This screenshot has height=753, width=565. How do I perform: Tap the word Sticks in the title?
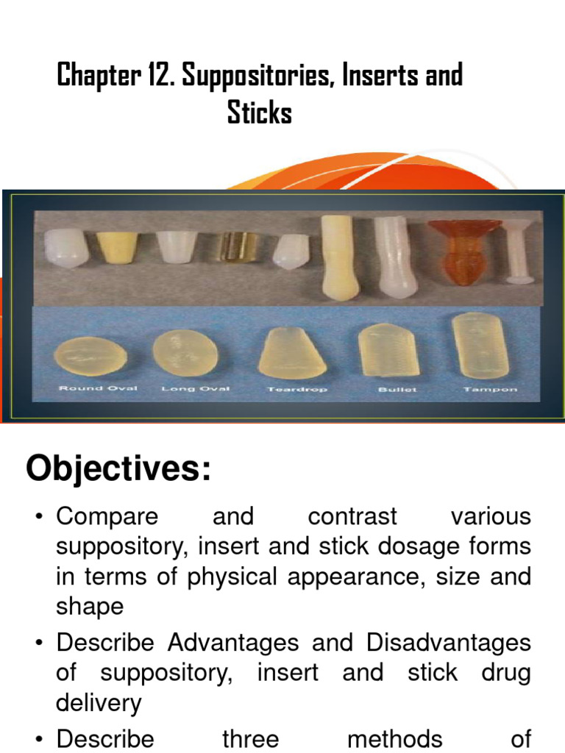pyautogui.click(x=260, y=114)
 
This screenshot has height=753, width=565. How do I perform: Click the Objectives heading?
pyautogui.click(x=118, y=469)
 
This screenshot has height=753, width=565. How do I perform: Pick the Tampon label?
pyautogui.click(x=480, y=388)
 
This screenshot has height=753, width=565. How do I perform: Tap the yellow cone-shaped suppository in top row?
pyautogui.click(x=118, y=246)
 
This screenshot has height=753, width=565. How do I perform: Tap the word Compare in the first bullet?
pyautogui.click(x=107, y=517)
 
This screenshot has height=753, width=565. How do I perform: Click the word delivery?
pyautogui.click(x=99, y=704)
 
